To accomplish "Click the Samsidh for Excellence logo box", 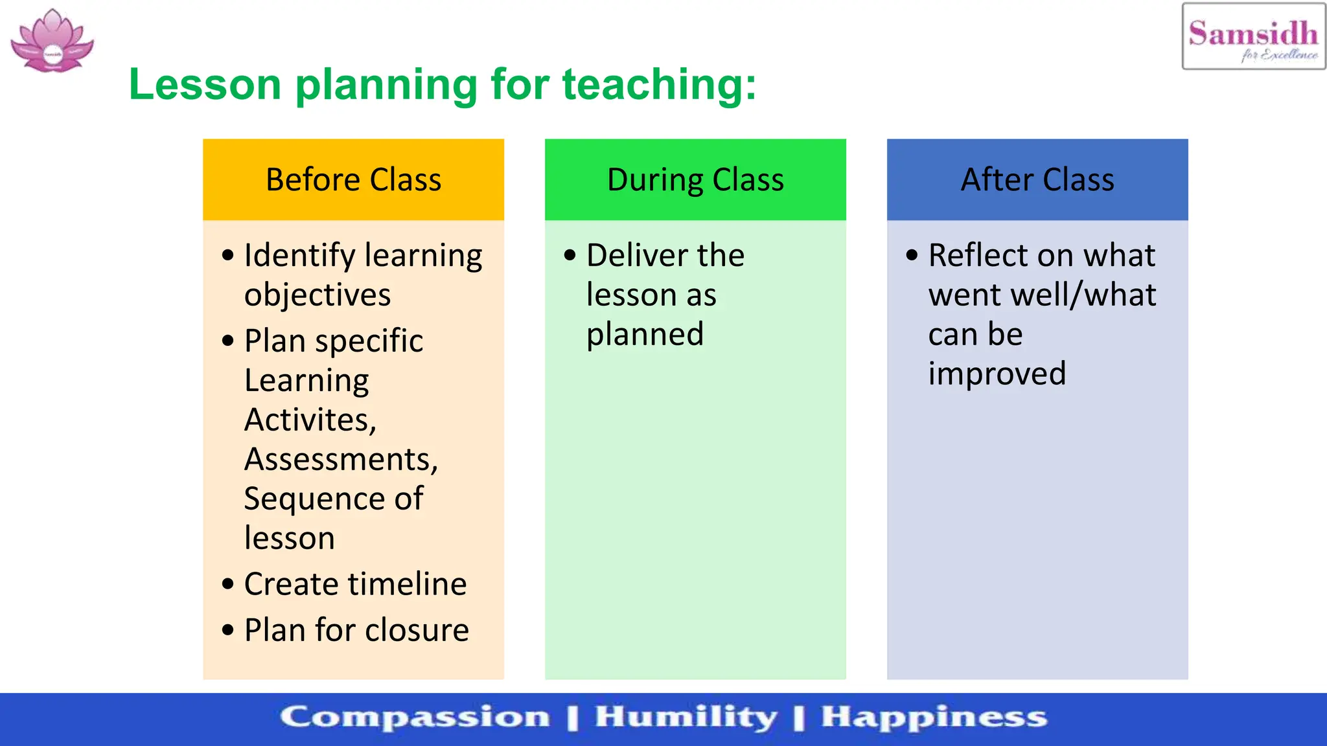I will point(1253,37).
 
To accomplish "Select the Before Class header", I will point(353,179).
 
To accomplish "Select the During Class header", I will point(695,179).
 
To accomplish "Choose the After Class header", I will point(1037,179).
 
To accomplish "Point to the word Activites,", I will point(310,420).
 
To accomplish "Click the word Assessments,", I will point(341,459).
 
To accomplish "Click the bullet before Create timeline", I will point(227,584).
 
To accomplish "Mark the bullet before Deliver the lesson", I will point(570,255).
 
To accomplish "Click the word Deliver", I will point(628,255).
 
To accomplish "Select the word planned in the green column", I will point(645,335).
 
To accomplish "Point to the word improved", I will point(997,374).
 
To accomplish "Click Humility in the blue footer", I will point(686,718).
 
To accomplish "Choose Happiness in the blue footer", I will point(934,718).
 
